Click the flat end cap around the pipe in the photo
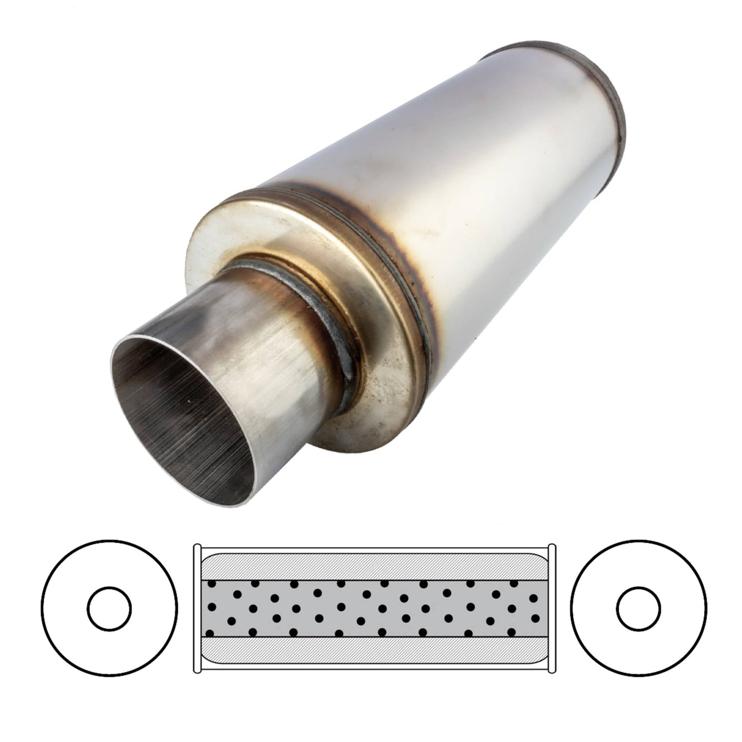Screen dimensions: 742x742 (288, 226)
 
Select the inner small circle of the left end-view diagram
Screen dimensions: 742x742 (109, 608)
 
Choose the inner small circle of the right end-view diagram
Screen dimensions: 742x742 (638, 608)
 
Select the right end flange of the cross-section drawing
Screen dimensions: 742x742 (552, 608)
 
